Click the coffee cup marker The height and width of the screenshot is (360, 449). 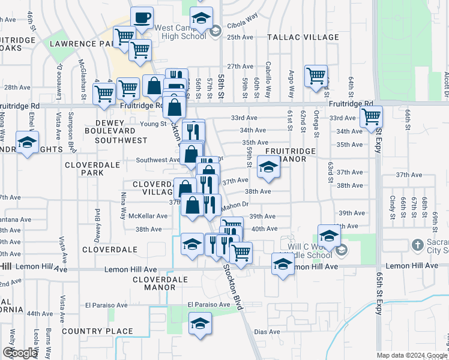[x=142, y=18]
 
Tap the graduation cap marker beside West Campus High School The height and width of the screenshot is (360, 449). [x=202, y=18]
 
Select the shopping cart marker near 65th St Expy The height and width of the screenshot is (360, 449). [x=372, y=116]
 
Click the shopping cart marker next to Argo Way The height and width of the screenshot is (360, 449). [x=316, y=76]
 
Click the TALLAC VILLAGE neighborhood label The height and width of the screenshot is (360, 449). [x=303, y=37]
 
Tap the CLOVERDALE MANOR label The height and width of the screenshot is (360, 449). [x=154, y=283]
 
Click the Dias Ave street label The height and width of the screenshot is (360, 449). [x=267, y=332]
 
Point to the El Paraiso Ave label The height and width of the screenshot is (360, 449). [x=209, y=305]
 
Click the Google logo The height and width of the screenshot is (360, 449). [x=20, y=353]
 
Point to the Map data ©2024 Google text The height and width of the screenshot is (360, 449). [x=412, y=355]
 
